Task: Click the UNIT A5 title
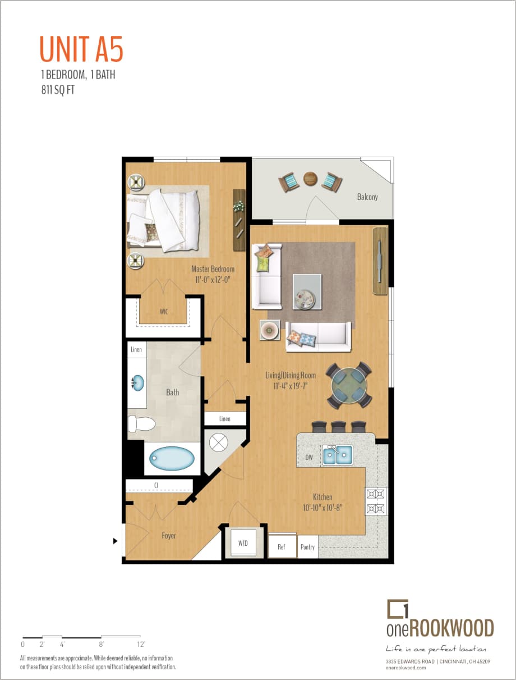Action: (81, 49)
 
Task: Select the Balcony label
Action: (367, 197)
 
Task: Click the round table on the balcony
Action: (310, 179)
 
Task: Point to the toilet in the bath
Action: (141, 423)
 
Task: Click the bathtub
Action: (172, 459)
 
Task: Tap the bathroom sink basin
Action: (137, 384)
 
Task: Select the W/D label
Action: (243, 543)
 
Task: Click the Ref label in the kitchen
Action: (282, 547)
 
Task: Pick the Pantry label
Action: (307, 547)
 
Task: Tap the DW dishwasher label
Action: (308, 457)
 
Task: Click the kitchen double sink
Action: (337, 455)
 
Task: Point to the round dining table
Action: (348, 384)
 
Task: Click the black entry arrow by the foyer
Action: (116, 541)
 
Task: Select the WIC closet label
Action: (164, 311)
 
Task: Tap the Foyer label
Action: (169, 536)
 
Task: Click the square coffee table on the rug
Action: (307, 292)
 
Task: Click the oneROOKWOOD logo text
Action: (440, 627)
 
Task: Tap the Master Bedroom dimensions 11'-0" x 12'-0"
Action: (213, 279)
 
